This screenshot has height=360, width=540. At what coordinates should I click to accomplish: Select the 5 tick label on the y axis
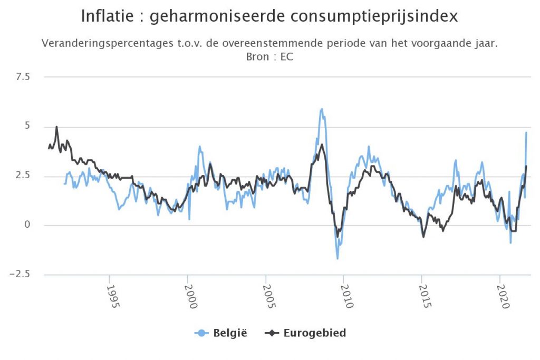27,127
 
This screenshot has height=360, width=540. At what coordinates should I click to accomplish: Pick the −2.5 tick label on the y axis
21,274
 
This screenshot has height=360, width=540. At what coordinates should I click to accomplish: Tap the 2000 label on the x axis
189,297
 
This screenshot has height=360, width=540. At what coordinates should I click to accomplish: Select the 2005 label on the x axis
267,297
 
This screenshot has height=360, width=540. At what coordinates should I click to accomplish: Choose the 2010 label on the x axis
345,297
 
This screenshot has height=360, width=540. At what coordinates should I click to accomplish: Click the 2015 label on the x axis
423,297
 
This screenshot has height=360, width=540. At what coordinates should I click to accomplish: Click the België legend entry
221,333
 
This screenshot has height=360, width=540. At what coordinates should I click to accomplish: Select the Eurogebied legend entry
306,333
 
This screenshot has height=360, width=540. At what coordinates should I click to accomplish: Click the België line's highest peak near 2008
322,109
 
